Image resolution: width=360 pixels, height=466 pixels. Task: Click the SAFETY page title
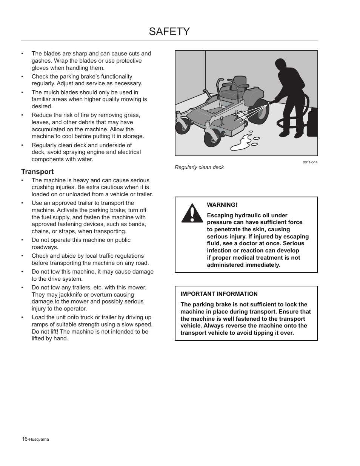pyautogui.click(x=169, y=31)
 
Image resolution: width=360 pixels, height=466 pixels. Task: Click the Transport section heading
pyautogui.click(x=37, y=172)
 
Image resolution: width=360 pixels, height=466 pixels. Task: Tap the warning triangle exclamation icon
pyautogui.click(x=192, y=214)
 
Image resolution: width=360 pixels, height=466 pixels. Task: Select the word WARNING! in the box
pyautogui.click(x=222, y=205)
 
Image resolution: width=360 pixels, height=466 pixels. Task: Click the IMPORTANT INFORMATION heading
pyautogui.click(x=219, y=294)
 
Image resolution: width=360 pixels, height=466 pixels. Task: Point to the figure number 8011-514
pyautogui.click(x=310, y=162)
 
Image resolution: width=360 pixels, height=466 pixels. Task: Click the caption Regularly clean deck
pyautogui.click(x=199, y=167)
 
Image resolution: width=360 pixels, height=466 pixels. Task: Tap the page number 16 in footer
pyautogui.click(x=25, y=439)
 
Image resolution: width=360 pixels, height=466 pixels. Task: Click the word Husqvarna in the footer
pyautogui.click(x=39, y=439)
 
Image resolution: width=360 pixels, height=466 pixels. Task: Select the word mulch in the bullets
pyautogui.click(x=51, y=92)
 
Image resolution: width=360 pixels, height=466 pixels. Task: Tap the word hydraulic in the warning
pyautogui.click(x=248, y=215)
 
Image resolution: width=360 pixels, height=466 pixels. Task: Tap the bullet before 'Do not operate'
pyautogui.click(x=23, y=240)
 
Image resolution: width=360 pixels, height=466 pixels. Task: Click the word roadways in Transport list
pyautogui.click(x=45, y=247)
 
